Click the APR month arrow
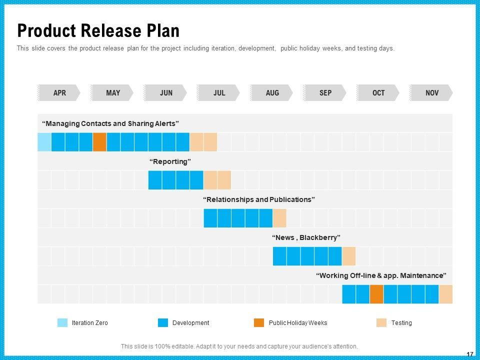(x=59, y=93)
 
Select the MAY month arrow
(x=112, y=93)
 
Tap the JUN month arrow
(x=165, y=93)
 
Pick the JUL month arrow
(x=219, y=93)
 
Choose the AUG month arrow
(x=272, y=93)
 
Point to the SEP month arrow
(x=325, y=93)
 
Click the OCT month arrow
(x=378, y=93)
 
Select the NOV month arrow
(x=431, y=93)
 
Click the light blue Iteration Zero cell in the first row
(x=44, y=142)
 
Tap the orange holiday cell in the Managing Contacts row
(x=99, y=142)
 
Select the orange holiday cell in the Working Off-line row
(x=376, y=294)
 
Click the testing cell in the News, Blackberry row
(x=348, y=256)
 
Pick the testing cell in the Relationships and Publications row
(x=279, y=218)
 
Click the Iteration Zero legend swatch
(x=62, y=323)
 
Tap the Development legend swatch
(x=162, y=323)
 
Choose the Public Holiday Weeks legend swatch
(x=259, y=323)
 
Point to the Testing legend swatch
(x=381, y=323)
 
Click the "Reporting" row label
(x=170, y=161)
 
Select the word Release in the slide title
(x=110, y=31)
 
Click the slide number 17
(x=469, y=354)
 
